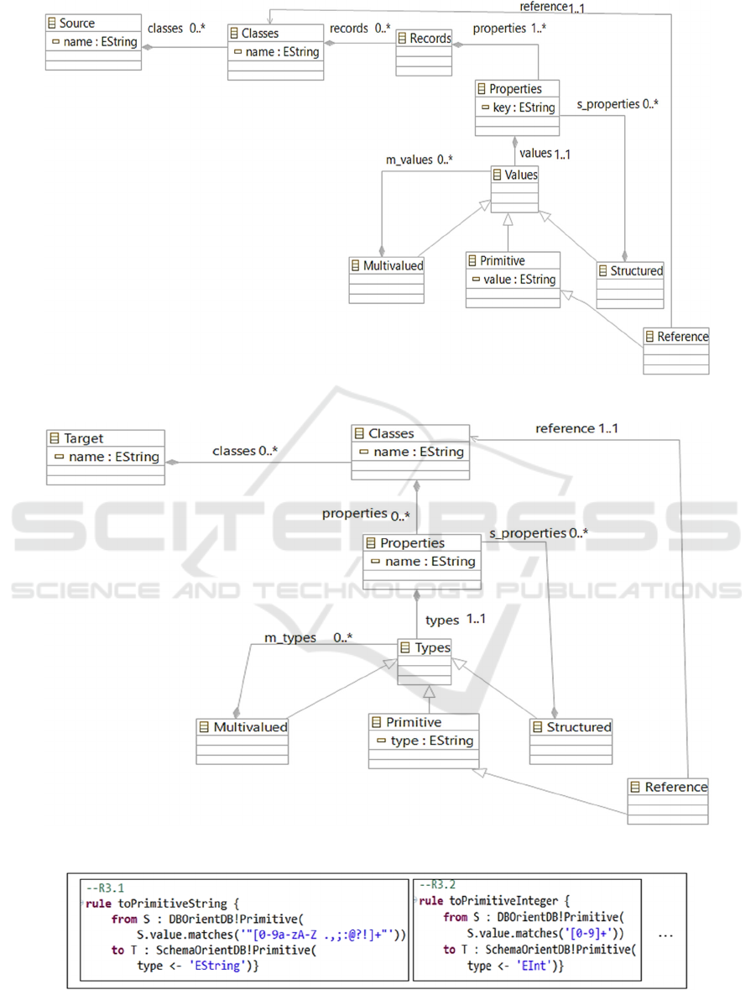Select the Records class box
(x=424, y=52)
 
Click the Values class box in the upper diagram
(x=515, y=189)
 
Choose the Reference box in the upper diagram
(x=675, y=350)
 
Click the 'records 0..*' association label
(x=360, y=29)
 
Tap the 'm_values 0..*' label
(x=419, y=160)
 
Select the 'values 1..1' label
(x=545, y=154)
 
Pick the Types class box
(x=424, y=662)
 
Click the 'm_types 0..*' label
(x=308, y=637)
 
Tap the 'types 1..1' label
(x=456, y=620)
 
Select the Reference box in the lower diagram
(x=668, y=800)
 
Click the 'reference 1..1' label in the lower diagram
(x=576, y=429)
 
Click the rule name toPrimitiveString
(x=172, y=904)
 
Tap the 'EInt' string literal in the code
(x=531, y=966)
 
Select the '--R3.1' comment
(x=106, y=888)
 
